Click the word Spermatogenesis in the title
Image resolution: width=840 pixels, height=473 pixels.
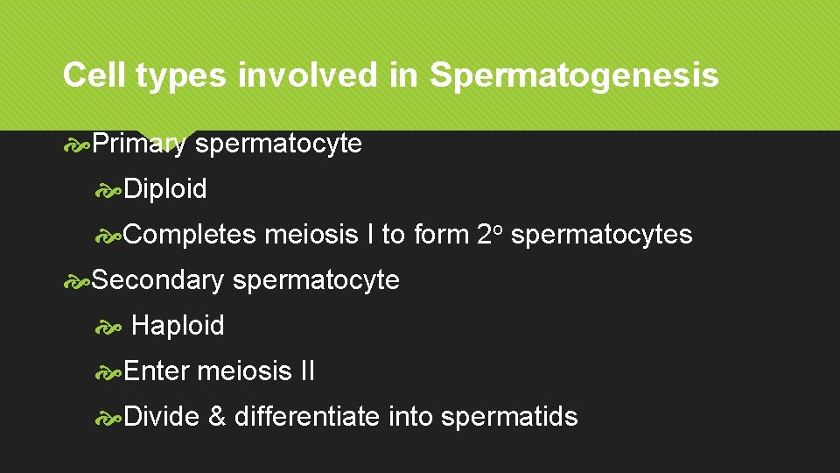pos(574,76)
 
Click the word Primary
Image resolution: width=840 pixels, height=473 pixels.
pos(139,144)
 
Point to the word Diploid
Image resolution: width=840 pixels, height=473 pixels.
pos(165,188)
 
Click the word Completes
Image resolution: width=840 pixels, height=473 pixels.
pos(190,235)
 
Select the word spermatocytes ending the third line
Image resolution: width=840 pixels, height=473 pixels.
pos(601,235)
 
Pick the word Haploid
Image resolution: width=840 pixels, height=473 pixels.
pos(178,326)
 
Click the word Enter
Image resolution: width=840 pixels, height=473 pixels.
pos(157,371)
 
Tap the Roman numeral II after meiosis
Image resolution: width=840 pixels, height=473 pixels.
pos(306,371)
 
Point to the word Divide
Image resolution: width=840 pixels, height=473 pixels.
pos(162,416)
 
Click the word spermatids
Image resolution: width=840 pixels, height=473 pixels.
pos(509,416)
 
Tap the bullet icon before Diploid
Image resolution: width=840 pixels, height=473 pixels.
pos(110,189)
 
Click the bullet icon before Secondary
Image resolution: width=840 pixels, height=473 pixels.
pos(77,281)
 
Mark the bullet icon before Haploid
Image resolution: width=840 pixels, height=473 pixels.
pos(110,327)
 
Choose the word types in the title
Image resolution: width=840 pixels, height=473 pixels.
pos(185,77)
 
